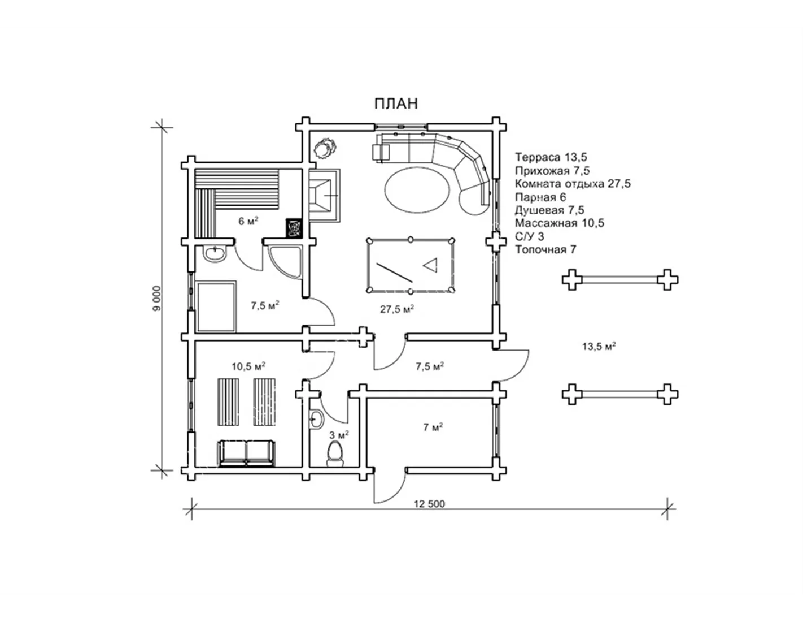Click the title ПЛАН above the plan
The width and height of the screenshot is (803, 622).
pyautogui.click(x=396, y=103)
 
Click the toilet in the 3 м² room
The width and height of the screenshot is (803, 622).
pyautogui.click(x=335, y=454)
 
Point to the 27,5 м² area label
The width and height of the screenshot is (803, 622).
pyautogui.click(x=397, y=309)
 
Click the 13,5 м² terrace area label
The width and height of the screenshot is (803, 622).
pyautogui.click(x=599, y=346)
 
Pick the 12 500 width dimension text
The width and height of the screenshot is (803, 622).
pyautogui.click(x=429, y=504)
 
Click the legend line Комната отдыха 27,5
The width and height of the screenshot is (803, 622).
pyautogui.click(x=573, y=184)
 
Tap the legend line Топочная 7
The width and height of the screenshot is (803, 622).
pyautogui.click(x=545, y=249)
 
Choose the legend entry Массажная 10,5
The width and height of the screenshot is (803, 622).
pyautogui.click(x=559, y=223)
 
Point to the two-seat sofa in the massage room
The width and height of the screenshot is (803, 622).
pyautogui.click(x=247, y=453)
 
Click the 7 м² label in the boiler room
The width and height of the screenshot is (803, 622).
pyautogui.click(x=433, y=427)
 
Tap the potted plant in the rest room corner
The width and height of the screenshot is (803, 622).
pyautogui.click(x=325, y=148)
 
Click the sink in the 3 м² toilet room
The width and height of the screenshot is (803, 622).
pyautogui.click(x=316, y=419)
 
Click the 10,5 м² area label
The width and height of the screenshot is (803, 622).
pyautogui.click(x=248, y=366)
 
